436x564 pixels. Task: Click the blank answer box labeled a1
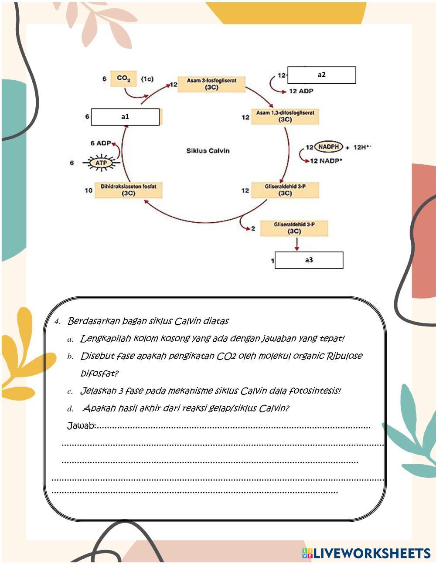[x=125, y=117]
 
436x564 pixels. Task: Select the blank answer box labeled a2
[x=321, y=75]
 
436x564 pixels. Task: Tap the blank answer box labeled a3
[x=309, y=260]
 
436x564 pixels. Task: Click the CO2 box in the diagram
[x=123, y=79]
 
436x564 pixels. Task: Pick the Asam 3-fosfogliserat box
[x=211, y=84]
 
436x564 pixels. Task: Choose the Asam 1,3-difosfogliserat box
[x=285, y=116]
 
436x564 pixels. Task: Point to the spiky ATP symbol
[x=101, y=163]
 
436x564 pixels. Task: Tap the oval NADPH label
[x=329, y=147]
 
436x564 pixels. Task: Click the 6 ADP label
[x=101, y=143]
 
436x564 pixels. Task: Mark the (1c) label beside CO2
[x=147, y=79]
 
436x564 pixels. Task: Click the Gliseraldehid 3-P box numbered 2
[x=294, y=228]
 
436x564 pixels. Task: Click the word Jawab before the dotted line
[x=81, y=426]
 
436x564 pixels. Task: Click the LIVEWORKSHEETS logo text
[x=371, y=553]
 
